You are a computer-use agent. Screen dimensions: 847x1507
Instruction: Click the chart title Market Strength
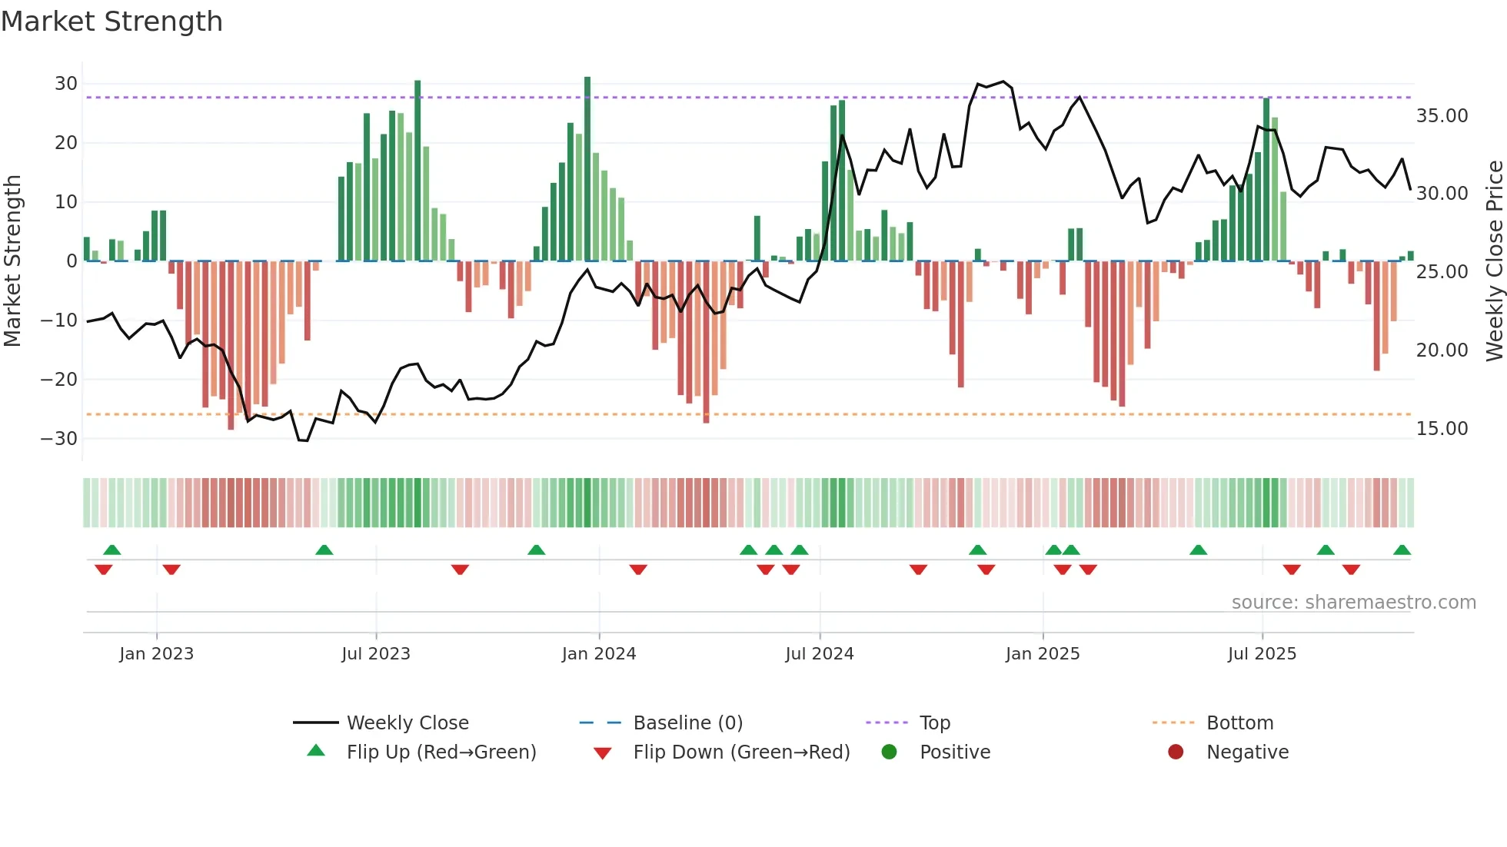coord(111,22)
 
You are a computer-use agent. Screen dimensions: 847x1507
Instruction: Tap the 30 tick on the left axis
coord(66,84)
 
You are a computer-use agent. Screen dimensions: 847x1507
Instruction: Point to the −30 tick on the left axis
coord(59,439)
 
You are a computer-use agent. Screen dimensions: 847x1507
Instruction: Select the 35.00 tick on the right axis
coord(1442,116)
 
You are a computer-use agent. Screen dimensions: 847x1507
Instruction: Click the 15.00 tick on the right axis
coord(1442,429)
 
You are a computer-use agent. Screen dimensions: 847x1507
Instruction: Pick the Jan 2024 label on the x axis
coord(598,654)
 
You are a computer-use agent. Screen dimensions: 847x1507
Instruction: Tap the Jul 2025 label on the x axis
coord(1262,654)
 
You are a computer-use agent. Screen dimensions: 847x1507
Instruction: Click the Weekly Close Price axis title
coord(1494,261)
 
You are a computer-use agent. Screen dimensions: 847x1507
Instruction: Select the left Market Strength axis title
coord(12,261)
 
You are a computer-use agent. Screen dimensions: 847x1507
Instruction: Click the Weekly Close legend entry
coord(407,723)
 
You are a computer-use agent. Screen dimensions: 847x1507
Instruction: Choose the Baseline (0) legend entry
coord(687,723)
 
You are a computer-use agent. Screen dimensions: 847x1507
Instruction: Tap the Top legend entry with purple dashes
coord(934,723)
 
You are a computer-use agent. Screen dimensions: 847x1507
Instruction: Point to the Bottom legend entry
coord(1239,723)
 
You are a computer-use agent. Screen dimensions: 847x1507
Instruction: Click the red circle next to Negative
coord(1176,752)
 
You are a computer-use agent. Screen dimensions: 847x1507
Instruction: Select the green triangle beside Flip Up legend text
coord(316,751)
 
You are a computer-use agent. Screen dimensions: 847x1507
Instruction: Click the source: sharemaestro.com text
coord(1353,603)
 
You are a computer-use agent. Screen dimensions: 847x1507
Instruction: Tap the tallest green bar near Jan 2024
coord(587,169)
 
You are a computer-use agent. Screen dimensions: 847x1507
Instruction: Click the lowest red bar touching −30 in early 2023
coord(231,346)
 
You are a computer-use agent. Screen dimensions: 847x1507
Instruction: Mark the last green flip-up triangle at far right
coord(1402,550)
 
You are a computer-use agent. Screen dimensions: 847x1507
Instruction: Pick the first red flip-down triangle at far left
coord(104,570)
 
